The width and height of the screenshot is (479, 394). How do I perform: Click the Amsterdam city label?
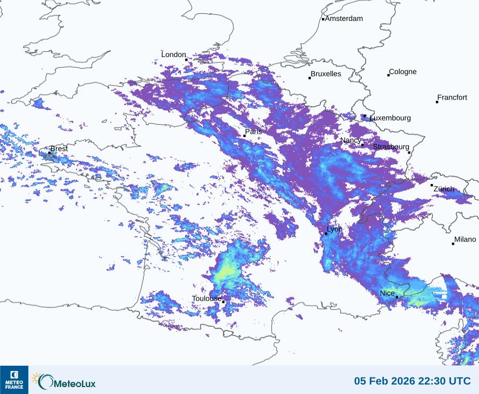pyautogui.click(x=344, y=19)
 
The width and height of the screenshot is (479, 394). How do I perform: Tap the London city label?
pyautogui.click(x=174, y=55)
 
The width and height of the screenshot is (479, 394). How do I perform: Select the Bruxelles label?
pyautogui.click(x=326, y=74)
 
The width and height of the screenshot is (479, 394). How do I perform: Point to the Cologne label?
pyautogui.click(x=403, y=72)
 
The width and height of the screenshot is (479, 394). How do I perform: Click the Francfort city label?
pyautogui.click(x=452, y=98)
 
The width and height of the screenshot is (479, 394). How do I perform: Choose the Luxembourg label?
pyautogui.click(x=390, y=118)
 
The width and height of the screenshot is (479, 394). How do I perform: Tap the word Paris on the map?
pyautogui.click(x=253, y=132)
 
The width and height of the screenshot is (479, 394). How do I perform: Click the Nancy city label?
pyautogui.click(x=351, y=140)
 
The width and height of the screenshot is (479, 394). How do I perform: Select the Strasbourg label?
pyautogui.click(x=391, y=147)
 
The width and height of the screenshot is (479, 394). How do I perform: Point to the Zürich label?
pyautogui.click(x=444, y=189)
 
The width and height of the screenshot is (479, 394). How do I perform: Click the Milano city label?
pyautogui.click(x=465, y=240)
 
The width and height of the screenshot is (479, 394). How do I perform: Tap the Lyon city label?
pyautogui.click(x=334, y=229)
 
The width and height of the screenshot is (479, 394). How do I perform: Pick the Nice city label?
pyautogui.click(x=387, y=294)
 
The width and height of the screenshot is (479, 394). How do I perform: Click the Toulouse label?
pyautogui.click(x=207, y=299)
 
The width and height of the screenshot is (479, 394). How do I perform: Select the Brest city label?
pyautogui.click(x=59, y=149)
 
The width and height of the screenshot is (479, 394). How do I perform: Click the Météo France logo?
pyautogui.click(x=14, y=380)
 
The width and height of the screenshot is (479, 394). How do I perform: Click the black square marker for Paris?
pyautogui.click(x=244, y=136)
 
